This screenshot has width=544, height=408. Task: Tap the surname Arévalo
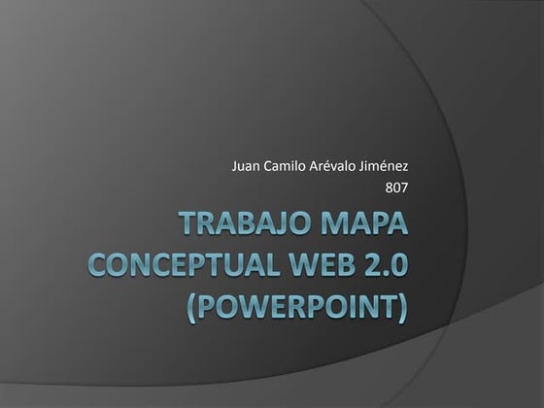(x=335, y=166)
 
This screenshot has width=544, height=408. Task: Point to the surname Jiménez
(x=386, y=166)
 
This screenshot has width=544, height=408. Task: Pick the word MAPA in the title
(x=364, y=230)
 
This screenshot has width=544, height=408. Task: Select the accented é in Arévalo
(x=328, y=166)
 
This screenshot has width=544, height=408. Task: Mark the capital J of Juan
(x=234, y=166)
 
